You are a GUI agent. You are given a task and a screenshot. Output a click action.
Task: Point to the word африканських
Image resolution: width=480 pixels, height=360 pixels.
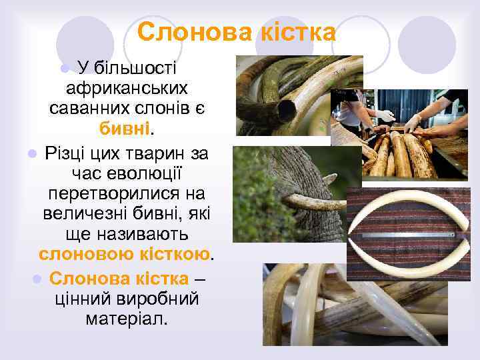(x=127, y=87)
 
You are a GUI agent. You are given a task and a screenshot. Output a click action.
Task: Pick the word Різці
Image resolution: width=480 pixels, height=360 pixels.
(x=67, y=155)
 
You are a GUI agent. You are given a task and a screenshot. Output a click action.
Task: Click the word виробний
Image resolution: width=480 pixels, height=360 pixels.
(x=160, y=298)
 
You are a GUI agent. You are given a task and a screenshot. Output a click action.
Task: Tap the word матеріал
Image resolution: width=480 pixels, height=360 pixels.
(x=127, y=318)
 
